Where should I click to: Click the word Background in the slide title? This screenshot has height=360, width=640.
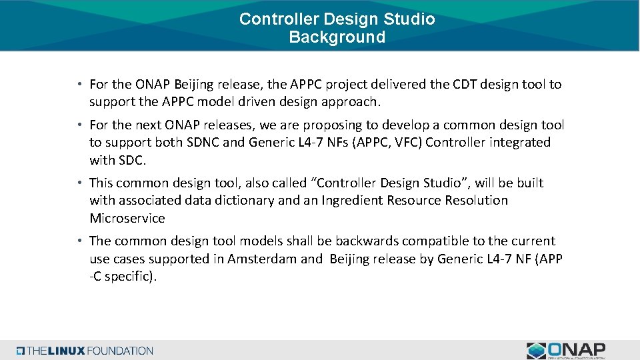(337, 37)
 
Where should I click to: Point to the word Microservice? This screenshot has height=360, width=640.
(127, 218)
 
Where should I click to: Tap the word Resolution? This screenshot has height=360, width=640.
(476, 200)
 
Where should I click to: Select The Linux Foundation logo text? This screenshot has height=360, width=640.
(85, 351)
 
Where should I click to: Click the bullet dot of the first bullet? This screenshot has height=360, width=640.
(79, 85)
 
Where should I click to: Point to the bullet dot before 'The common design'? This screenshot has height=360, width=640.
(79, 241)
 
